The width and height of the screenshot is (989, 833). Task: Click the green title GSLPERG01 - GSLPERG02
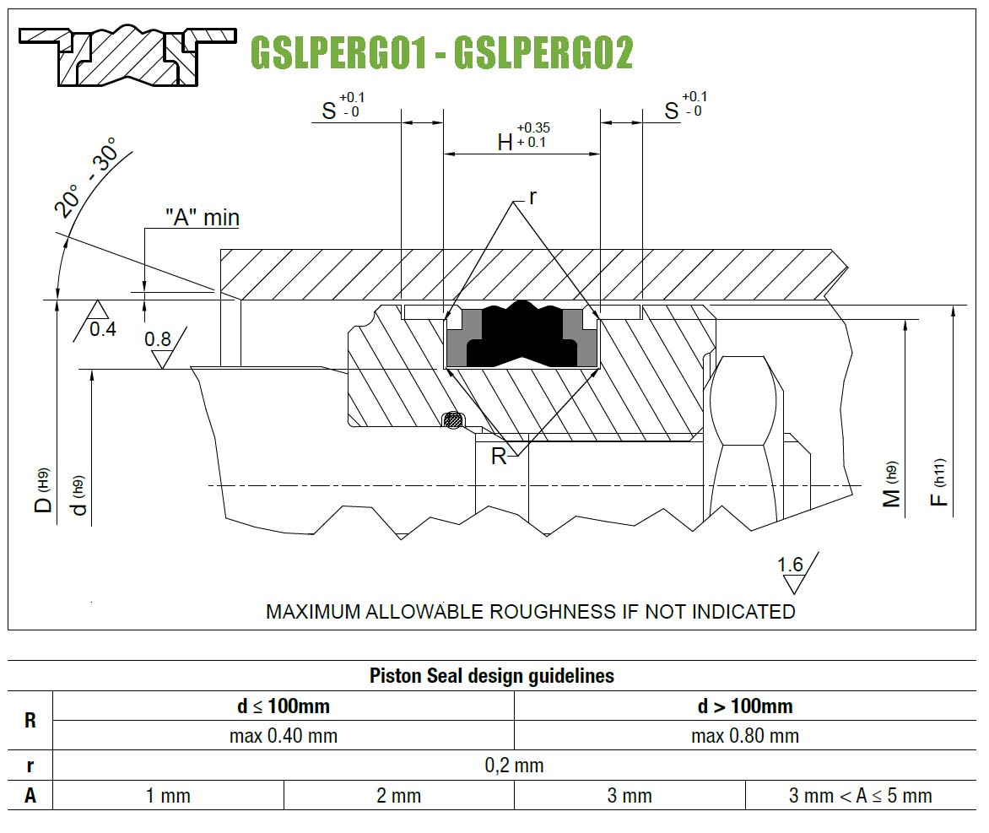(441, 52)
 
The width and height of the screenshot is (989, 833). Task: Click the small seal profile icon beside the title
(128, 56)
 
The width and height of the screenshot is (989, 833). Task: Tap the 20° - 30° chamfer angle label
(86, 177)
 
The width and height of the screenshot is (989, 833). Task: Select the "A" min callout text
(203, 218)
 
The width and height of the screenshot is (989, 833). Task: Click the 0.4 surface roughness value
(103, 329)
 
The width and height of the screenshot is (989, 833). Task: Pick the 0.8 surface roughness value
(158, 339)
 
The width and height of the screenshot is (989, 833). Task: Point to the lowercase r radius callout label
(533, 197)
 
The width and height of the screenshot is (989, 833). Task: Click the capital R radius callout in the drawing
(498, 456)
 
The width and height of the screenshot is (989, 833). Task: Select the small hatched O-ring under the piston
(452, 420)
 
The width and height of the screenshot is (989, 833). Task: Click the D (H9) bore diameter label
(42, 491)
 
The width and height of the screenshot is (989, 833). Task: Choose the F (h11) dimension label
(939, 483)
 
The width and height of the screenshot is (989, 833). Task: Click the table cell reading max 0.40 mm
(284, 736)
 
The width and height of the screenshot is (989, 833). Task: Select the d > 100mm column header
(745, 706)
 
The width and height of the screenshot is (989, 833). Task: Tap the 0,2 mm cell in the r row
(514, 765)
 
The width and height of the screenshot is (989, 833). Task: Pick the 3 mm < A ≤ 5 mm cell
(861, 796)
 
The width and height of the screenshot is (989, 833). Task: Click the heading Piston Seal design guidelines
(492, 676)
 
